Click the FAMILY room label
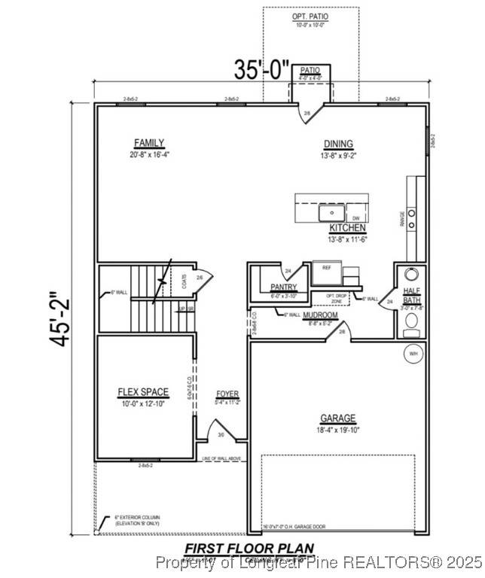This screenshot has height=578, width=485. pyautogui.click(x=149, y=143)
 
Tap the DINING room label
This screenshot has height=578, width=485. pyautogui.click(x=338, y=144)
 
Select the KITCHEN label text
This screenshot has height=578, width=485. pyautogui.click(x=347, y=227)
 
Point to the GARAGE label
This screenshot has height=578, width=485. pyautogui.click(x=337, y=418)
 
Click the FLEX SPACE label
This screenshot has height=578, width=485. pyautogui.click(x=143, y=392)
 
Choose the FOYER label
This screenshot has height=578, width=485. pyautogui.click(x=227, y=394)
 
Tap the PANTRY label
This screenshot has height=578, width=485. pyautogui.click(x=284, y=287)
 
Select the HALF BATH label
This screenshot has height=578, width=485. pyautogui.click(x=412, y=296)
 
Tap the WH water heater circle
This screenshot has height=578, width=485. pyautogui.click(x=413, y=353)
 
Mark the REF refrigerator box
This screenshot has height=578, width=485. pyautogui.click(x=327, y=267)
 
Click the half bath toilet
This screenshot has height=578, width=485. pyautogui.click(x=412, y=323)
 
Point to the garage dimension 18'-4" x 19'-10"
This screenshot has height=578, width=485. pyautogui.click(x=337, y=430)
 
